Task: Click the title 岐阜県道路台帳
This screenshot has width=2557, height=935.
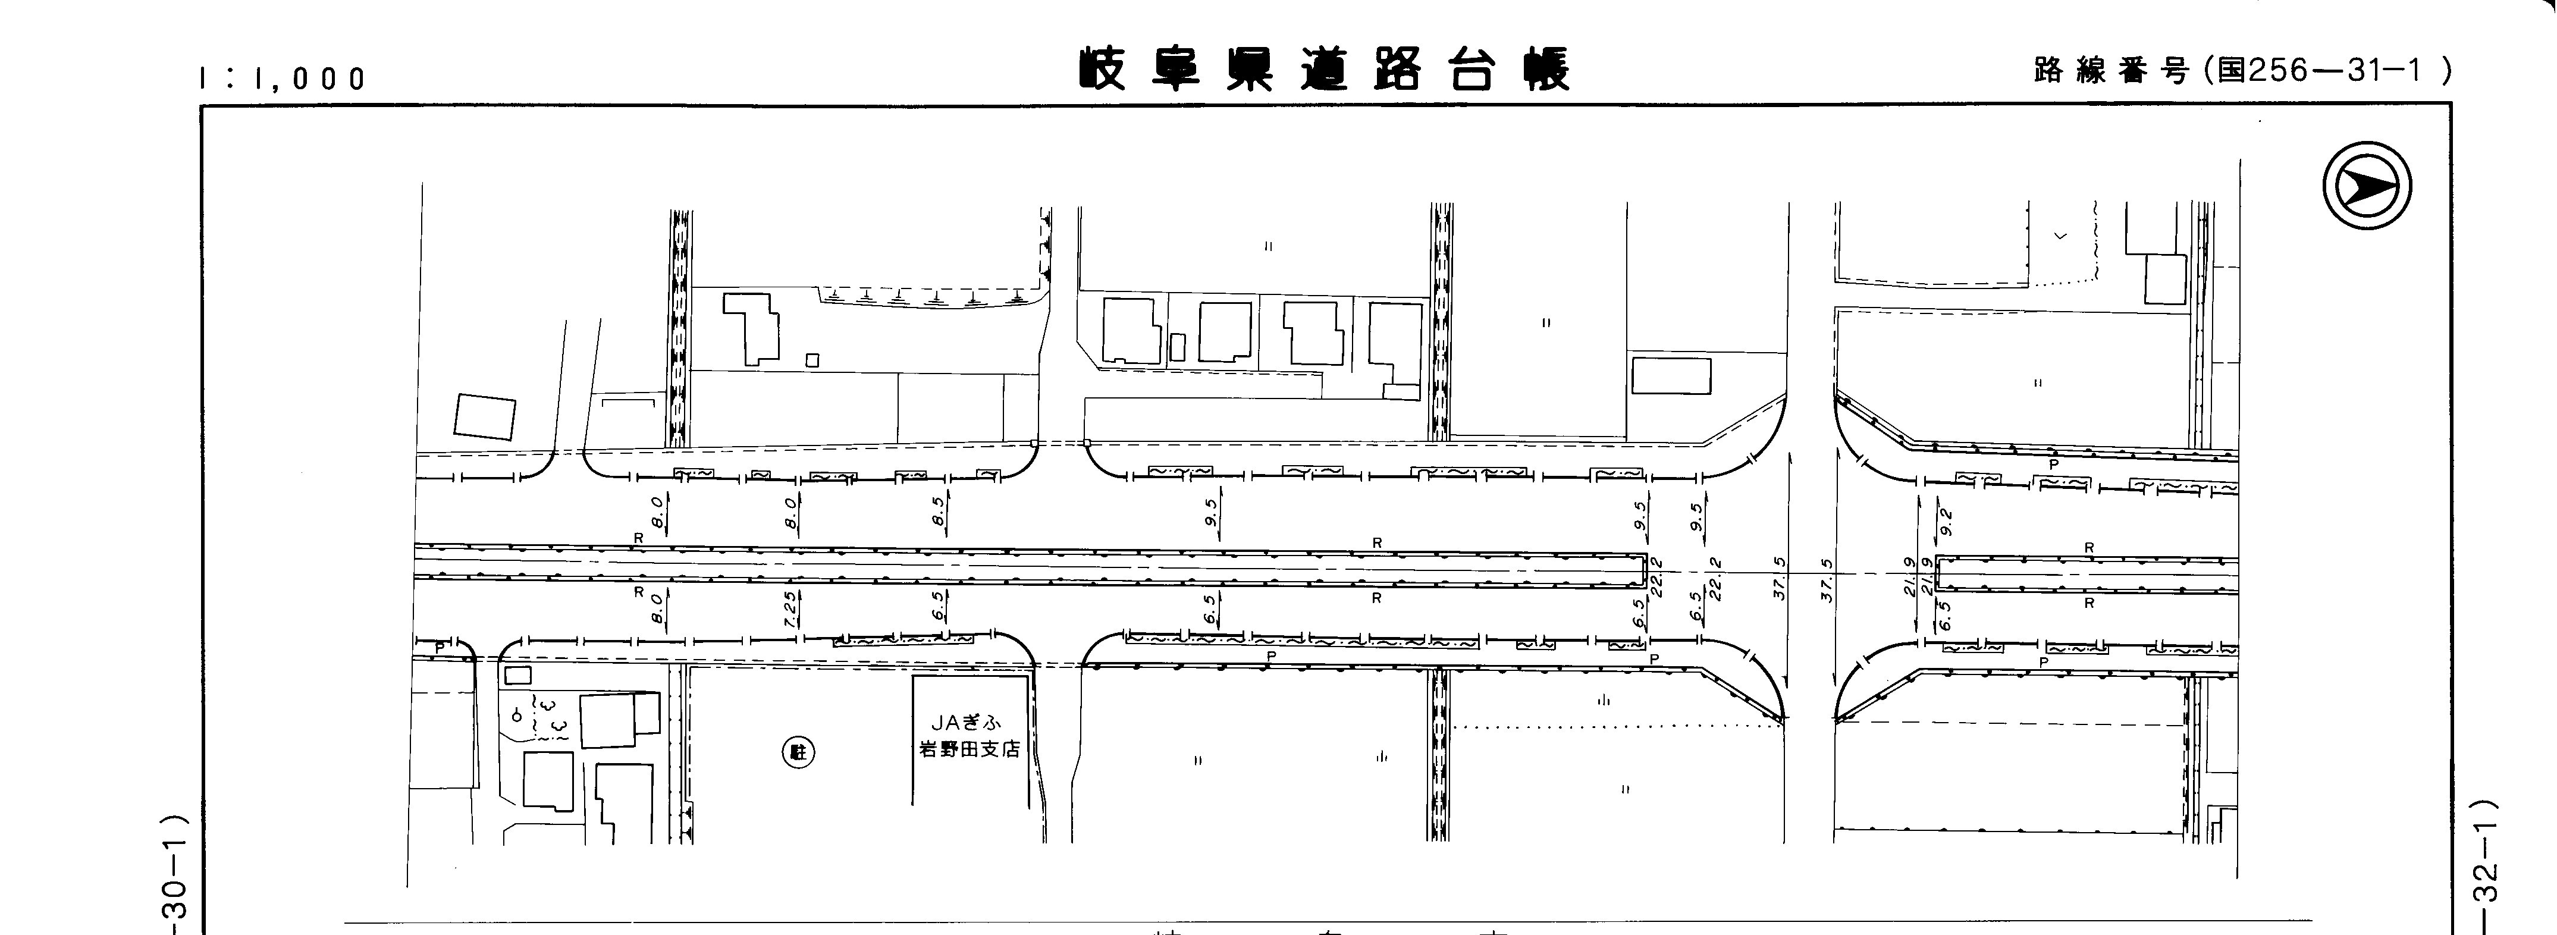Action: pyautogui.click(x=1325, y=70)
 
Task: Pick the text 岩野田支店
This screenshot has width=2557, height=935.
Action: pyautogui.click(x=969, y=749)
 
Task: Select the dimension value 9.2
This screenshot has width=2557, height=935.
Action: pyautogui.click(x=1946, y=520)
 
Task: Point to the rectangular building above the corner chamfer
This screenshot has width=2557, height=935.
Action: pyautogui.click(x=1671, y=376)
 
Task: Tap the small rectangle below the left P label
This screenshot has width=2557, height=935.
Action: pyautogui.click(x=518, y=675)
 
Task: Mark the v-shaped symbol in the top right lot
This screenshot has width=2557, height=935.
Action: pyautogui.click(x=2060, y=236)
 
